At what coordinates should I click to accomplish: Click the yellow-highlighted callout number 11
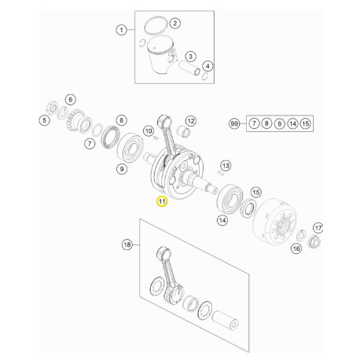click(162, 201)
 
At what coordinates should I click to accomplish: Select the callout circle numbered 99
click(234, 123)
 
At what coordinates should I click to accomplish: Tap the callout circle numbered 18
click(127, 244)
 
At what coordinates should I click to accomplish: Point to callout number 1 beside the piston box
click(121, 30)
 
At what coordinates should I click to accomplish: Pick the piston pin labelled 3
click(189, 68)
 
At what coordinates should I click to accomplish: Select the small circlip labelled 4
click(206, 76)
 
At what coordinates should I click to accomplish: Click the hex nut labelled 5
click(52, 108)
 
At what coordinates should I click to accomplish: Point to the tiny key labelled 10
click(156, 138)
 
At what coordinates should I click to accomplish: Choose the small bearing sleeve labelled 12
click(184, 130)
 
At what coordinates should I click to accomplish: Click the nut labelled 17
click(314, 241)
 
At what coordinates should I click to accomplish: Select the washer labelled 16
click(301, 235)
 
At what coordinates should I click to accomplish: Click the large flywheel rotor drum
click(274, 222)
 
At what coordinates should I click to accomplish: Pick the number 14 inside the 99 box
click(292, 123)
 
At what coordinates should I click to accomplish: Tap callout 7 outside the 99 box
click(90, 144)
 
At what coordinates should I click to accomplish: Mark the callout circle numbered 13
click(226, 166)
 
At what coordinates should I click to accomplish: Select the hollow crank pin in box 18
click(226, 320)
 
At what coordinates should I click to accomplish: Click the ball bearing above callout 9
click(130, 147)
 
